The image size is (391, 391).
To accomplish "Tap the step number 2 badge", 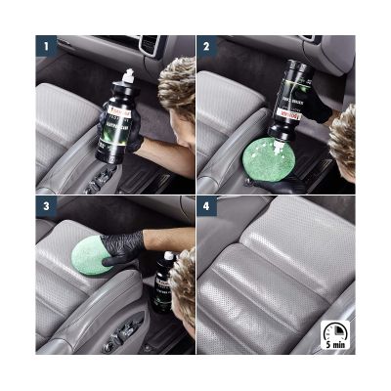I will tap(206, 46).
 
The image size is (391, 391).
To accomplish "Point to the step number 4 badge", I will tap(206, 207).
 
